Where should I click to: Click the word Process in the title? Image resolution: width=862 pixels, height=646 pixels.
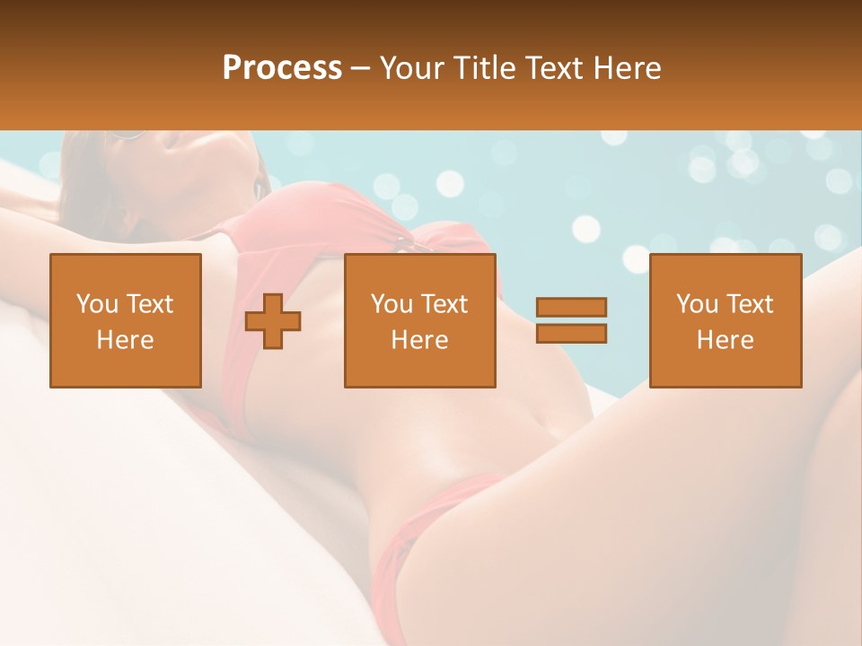coord(282,68)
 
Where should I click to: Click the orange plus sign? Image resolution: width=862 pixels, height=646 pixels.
coord(273,321)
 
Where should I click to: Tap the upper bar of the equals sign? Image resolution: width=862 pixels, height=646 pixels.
coord(571,307)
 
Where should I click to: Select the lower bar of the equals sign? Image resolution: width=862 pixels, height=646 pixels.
coord(571,334)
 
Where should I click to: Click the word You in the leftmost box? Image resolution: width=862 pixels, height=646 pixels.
coord(97,304)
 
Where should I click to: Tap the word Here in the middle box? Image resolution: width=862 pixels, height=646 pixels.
coord(420,340)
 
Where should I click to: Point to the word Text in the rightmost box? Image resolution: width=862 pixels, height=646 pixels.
coord(749,304)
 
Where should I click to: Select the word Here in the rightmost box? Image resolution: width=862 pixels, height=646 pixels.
coord(726,340)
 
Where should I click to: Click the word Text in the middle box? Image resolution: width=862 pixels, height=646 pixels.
coord(444,304)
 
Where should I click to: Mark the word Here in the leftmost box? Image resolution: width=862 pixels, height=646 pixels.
coord(126,340)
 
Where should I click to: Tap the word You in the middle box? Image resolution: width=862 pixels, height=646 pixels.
coord(391,304)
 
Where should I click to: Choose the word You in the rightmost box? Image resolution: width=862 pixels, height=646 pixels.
coord(697,304)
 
